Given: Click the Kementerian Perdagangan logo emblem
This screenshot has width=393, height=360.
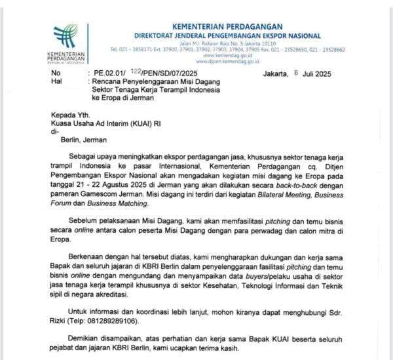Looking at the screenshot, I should click(65, 35).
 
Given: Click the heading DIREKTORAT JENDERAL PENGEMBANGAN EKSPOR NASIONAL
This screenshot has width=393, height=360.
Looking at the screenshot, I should click(227, 36).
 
